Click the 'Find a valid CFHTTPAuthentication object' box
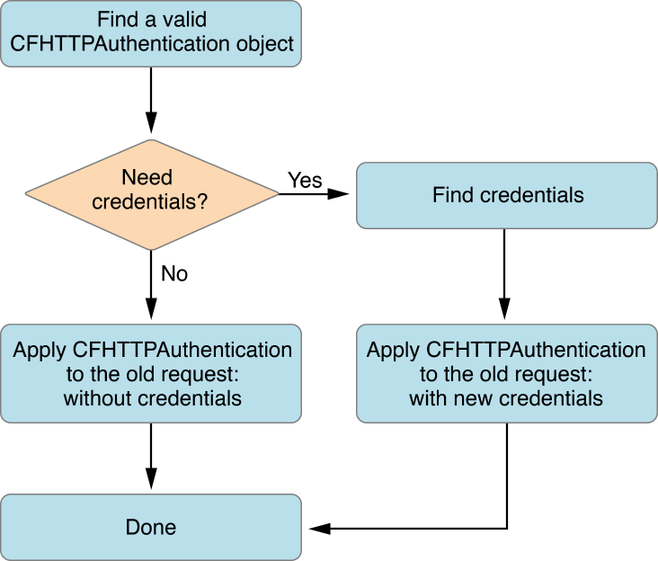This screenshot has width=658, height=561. (151, 33)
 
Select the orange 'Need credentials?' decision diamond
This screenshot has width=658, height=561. (151, 192)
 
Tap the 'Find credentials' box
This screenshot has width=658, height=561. (507, 195)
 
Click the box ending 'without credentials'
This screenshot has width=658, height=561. (151, 373)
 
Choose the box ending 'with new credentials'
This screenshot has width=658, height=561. (507, 373)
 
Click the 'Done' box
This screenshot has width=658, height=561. (151, 528)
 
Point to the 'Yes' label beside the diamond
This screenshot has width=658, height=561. (305, 180)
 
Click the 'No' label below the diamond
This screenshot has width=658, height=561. (173, 273)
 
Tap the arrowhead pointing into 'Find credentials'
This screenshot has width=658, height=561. (342, 193)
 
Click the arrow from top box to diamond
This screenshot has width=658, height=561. (151, 100)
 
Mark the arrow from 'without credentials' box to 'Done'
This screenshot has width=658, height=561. (151, 456)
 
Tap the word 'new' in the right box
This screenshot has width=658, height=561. (485, 397)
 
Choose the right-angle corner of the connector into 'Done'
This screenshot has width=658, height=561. (507, 528)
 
